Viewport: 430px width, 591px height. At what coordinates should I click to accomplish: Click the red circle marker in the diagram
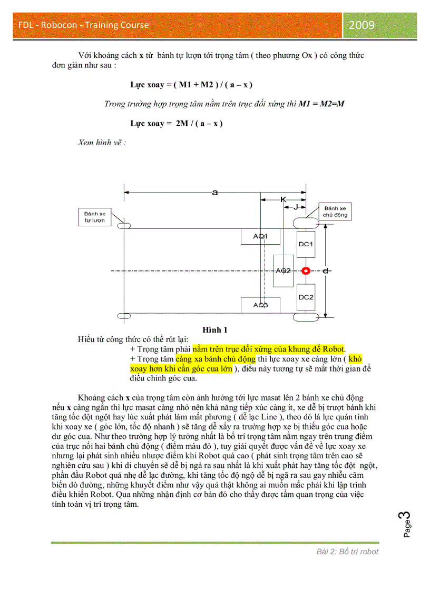305,271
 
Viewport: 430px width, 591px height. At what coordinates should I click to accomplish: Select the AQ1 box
260,237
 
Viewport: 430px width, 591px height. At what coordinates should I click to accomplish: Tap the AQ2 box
284,271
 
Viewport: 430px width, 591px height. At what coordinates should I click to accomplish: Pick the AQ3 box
260,305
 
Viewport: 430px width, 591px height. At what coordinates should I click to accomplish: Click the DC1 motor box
306,244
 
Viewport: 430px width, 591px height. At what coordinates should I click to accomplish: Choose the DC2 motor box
306,297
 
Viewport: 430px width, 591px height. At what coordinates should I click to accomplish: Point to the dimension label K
283,200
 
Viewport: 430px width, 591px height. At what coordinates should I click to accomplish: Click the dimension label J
296,208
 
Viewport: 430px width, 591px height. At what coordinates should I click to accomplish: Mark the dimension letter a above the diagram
214,193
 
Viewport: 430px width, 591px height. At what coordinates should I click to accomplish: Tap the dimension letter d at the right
327,271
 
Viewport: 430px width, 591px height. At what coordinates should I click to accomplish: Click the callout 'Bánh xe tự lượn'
95,217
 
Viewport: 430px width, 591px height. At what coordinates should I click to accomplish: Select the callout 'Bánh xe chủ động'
335,212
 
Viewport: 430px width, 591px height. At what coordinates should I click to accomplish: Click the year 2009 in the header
361,25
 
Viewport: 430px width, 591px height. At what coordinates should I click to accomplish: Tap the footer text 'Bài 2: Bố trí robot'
347,552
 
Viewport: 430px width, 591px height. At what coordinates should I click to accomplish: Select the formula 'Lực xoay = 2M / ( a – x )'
177,123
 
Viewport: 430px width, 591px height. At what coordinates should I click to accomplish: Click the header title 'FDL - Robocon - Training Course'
83,25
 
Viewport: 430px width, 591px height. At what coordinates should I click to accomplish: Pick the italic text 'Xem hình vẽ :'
102,143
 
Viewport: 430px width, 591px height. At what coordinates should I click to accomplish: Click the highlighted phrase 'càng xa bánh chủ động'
216,359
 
